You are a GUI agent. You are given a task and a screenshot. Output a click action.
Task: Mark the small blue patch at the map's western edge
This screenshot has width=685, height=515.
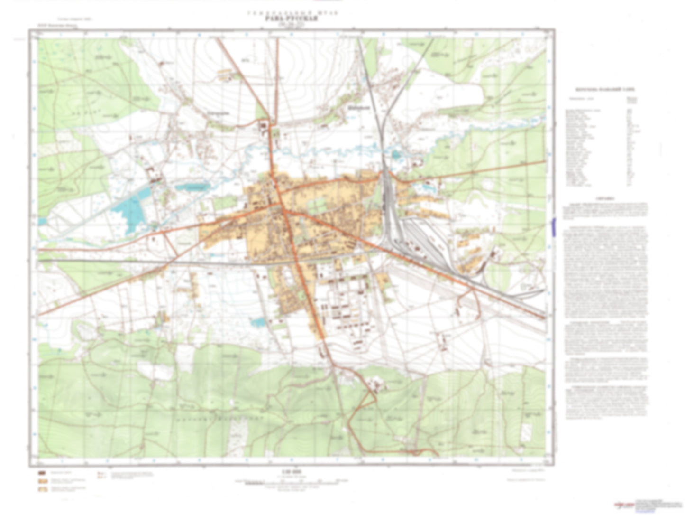coord(42,221)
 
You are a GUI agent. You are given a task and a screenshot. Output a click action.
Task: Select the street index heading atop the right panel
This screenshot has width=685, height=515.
coord(605,89)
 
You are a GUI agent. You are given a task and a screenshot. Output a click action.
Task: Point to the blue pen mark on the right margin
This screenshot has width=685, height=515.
coord(554,225)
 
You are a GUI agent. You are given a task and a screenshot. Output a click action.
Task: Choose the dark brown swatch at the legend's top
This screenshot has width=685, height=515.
coord(42,473)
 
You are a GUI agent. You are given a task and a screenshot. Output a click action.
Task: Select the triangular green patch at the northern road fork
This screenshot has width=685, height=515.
coord(261,111)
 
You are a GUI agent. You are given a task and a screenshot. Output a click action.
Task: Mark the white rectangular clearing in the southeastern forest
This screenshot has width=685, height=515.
coord(526,431)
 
